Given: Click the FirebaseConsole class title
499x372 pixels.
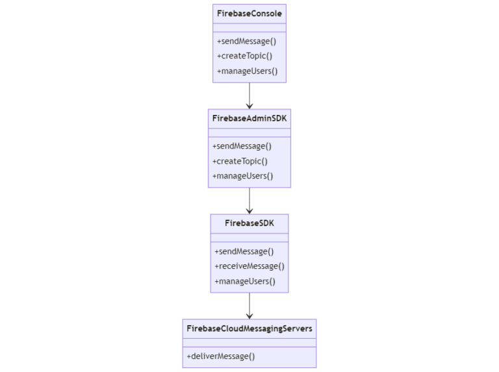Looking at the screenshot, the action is (x=249, y=14).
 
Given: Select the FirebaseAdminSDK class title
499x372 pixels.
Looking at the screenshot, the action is (x=249, y=119).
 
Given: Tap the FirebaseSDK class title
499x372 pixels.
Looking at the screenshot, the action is (x=249, y=223).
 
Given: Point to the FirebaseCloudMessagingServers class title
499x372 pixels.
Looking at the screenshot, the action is (x=249, y=329).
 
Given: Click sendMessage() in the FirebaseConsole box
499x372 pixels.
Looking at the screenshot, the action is (x=247, y=42).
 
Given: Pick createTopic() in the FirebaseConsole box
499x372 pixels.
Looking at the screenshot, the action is (x=245, y=56).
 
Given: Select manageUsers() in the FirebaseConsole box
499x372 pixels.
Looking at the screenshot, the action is (x=248, y=71).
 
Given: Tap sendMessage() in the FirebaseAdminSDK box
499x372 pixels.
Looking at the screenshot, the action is (x=242, y=146).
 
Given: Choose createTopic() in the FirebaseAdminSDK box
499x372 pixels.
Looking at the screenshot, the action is (x=240, y=161).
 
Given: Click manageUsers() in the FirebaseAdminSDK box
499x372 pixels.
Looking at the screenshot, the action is (x=242, y=176).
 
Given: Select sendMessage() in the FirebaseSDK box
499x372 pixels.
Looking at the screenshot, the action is (x=244, y=251).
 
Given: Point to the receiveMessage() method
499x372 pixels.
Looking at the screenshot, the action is (x=249, y=266).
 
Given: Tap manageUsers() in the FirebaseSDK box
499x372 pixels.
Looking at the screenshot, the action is (x=245, y=281).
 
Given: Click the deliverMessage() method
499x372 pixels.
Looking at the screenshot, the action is (x=221, y=356).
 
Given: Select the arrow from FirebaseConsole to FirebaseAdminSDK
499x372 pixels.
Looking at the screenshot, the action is (x=249, y=95).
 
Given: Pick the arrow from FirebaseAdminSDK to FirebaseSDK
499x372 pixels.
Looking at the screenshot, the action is (x=249, y=201).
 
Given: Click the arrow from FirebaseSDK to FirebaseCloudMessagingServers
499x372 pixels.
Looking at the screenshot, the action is (x=249, y=306).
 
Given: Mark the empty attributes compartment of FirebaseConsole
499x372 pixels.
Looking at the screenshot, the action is (x=249, y=28).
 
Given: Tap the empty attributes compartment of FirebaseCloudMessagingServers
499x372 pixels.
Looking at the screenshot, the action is (x=249, y=343).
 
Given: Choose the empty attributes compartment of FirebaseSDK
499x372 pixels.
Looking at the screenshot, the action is (x=249, y=238).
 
